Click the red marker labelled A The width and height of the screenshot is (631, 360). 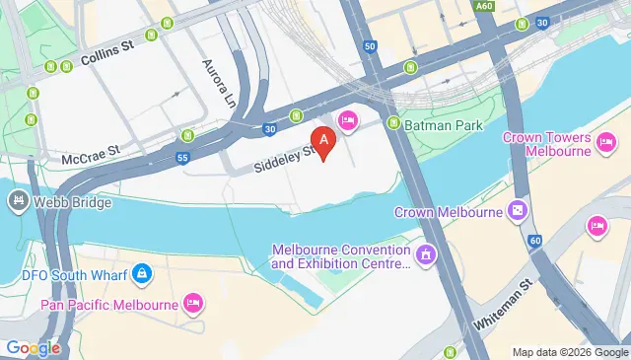click(x=320, y=141)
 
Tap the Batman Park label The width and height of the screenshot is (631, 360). click(x=436, y=124)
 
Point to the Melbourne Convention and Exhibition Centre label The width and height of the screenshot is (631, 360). click(x=340, y=256)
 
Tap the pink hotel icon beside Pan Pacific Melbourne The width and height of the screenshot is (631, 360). click(x=194, y=302)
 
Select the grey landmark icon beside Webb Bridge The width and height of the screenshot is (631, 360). click(x=18, y=201)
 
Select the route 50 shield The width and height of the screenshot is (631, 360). click(x=370, y=46)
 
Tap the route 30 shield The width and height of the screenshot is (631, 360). click(x=269, y=127)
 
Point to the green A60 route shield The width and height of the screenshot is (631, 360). click(x=483, y=7)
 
